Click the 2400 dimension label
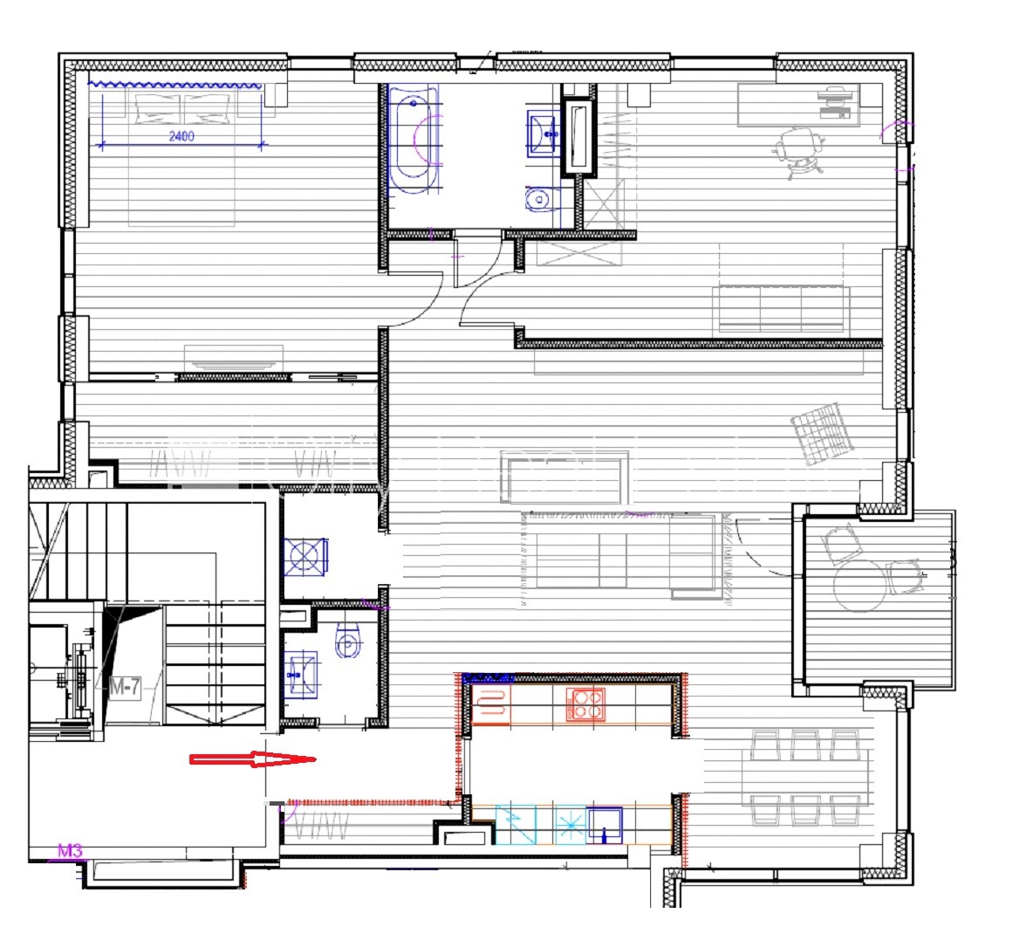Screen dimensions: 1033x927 point(181,136)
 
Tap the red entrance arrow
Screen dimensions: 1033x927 point(253,759)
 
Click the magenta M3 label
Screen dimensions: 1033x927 point(71,850)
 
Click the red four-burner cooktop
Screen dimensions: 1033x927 point(585,704)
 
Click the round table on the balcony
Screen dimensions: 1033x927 point(860,585)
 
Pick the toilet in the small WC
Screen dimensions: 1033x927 point(348,641)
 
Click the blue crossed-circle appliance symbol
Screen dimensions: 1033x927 point(305,557)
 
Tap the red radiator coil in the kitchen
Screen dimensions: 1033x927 point(491,704)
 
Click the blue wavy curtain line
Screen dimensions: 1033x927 point(175,85)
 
